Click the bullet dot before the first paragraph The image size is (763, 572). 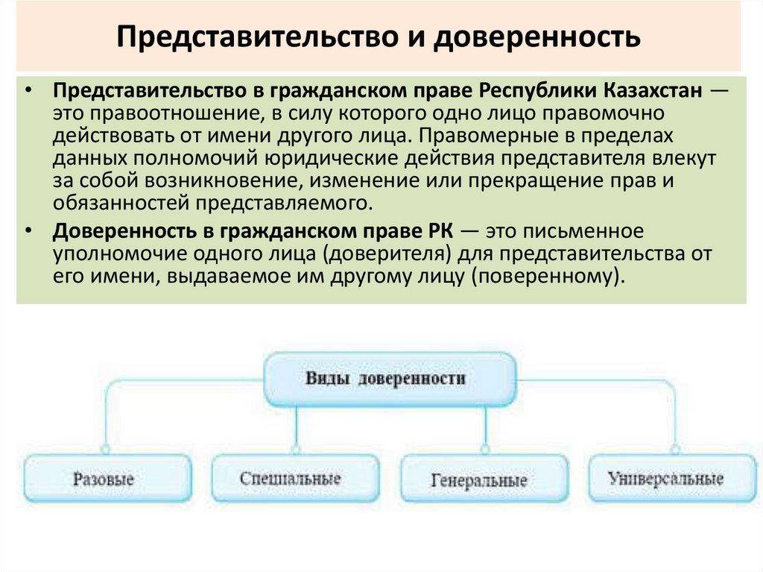28,91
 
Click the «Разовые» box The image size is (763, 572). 104,478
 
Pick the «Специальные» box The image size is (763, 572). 291,478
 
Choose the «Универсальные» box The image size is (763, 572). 665,478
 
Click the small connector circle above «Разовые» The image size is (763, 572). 105,450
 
